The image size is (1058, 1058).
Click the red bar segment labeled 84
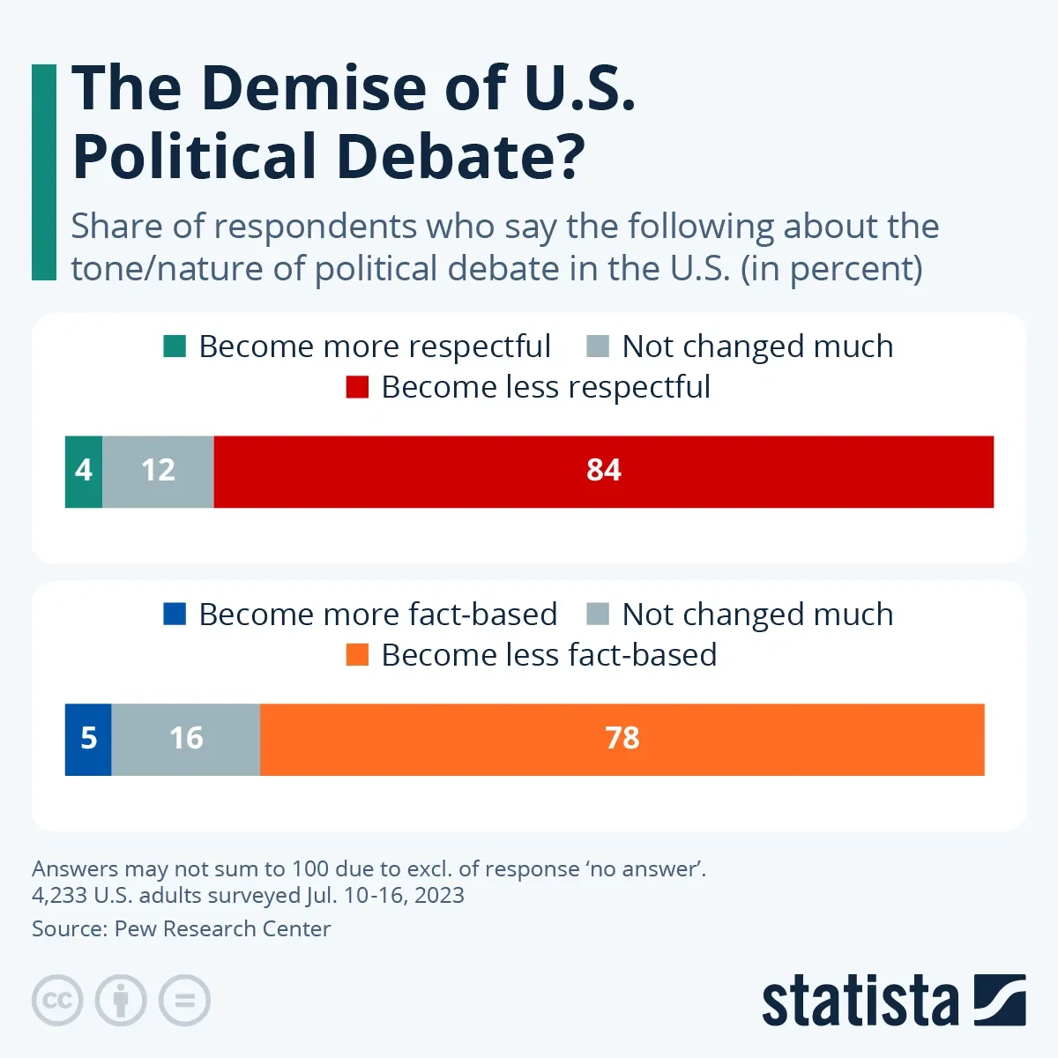click(603, 471)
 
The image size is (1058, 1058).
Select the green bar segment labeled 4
click(84, 471)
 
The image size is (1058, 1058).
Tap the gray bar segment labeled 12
click(158, 471)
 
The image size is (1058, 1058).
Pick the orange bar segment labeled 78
click(622, 739)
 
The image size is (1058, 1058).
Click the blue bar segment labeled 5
click(88, 739)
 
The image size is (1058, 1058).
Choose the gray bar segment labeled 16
click(186, 739)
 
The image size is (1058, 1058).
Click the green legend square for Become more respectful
click(175, 346)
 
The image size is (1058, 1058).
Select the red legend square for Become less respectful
click(357, 387)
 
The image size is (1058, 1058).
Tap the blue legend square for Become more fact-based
click(175, 615)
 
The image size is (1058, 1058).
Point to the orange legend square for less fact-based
click(357, 655)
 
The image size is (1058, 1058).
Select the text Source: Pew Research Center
click(181, 928)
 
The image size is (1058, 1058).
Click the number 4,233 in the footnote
click(60, 895)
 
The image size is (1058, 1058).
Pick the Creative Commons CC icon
click(57, 1001)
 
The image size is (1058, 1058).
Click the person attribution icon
click(121, 1001)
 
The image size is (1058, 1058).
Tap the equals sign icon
click(184, 1001)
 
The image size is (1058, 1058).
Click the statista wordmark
click(860, 1001)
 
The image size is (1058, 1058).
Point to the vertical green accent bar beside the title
click(43, 172)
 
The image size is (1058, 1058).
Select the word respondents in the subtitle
click(315, 227)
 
